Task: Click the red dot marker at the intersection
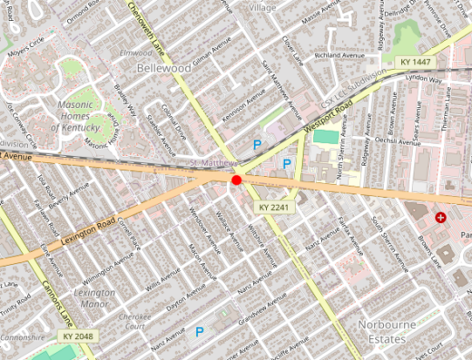tap(236, 180)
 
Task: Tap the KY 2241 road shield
tap(272, 208)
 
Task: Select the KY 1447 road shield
tap(414, 62)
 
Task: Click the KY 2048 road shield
tap(77, 336)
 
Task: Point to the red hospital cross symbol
tap(441, 218)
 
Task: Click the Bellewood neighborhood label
tap(163, 68)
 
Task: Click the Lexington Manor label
tap(93, 298)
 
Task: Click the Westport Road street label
tap(329, 119)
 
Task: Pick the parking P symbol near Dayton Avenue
tap(200, 333)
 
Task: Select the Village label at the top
tap(261, 7)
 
